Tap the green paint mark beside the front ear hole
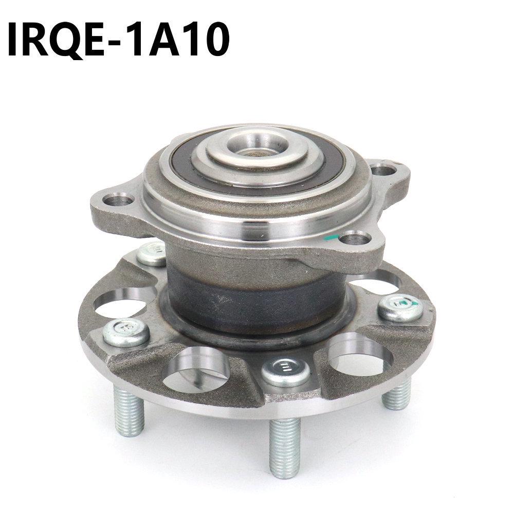pyautogui.click(x=334, y=237)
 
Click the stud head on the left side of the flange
pyautogui.click(x=126, y=332)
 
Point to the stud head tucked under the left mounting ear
pyautogui.click(x=152, y=255)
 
